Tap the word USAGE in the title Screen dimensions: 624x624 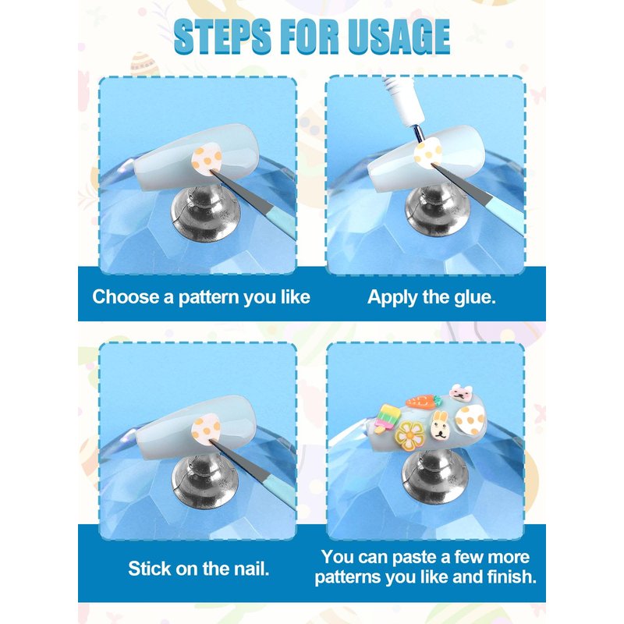[399, 36]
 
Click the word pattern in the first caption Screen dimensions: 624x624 [209, 298]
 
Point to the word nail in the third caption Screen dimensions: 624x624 [251, 569]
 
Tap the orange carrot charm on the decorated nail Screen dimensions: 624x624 [423, 401]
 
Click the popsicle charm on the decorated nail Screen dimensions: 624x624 [386, 418]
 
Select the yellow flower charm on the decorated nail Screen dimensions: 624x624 [409, 437]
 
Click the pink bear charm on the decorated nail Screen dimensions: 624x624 [461, 393]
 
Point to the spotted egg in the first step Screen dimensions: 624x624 [207, 159]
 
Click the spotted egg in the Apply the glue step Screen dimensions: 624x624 [427, 152]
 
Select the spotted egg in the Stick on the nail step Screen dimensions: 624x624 [206, 430]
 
